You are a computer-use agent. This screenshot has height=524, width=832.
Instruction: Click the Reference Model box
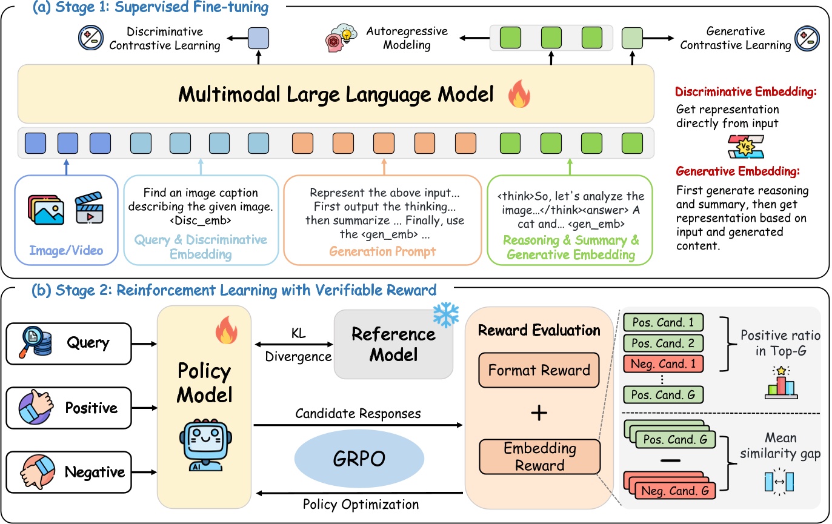click(x=394, y=344)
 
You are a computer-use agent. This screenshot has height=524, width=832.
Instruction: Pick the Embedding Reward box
click(x=539, y=457)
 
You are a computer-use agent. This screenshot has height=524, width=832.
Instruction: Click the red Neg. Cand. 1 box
click(x=664, y=363)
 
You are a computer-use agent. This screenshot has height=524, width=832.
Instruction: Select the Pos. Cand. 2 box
click(x=664, y=343)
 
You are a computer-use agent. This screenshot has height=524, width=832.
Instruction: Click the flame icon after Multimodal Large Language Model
click(x=519, y=95)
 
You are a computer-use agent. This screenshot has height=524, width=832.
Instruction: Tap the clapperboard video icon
click(x=88, y=208)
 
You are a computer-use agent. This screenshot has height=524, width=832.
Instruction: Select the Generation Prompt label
click(x=382, y=251)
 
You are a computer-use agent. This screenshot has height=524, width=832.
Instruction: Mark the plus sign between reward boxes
click(x=539, y=413)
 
